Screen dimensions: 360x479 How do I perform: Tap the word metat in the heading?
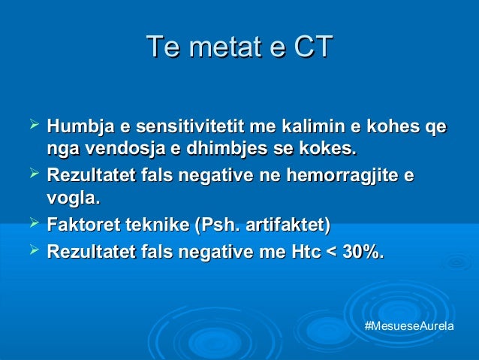pos(229,47)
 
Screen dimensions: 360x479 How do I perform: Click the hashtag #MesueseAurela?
pos(408,328)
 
